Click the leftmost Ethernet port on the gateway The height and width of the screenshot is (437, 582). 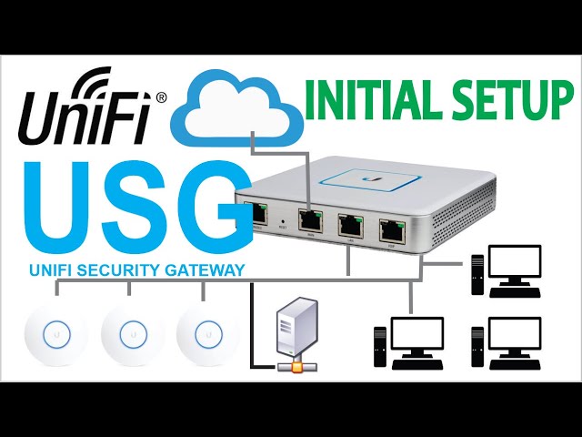coord(256,215)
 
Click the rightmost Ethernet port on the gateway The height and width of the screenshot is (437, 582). coord(392,229)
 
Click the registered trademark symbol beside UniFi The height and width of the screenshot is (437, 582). coord(161,95)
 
